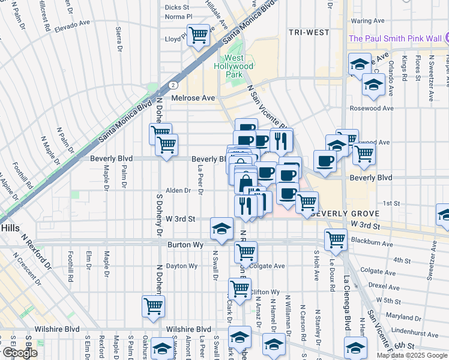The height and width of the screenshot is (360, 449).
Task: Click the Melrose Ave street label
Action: tap(193, 98)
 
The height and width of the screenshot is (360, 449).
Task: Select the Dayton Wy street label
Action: tap(181, 266)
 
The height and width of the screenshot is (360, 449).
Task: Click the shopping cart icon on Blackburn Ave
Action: tap(336, 239)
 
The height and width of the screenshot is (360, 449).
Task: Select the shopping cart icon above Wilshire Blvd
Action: tap(153, 306)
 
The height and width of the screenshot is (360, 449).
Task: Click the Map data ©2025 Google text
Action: tap(411, 355)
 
